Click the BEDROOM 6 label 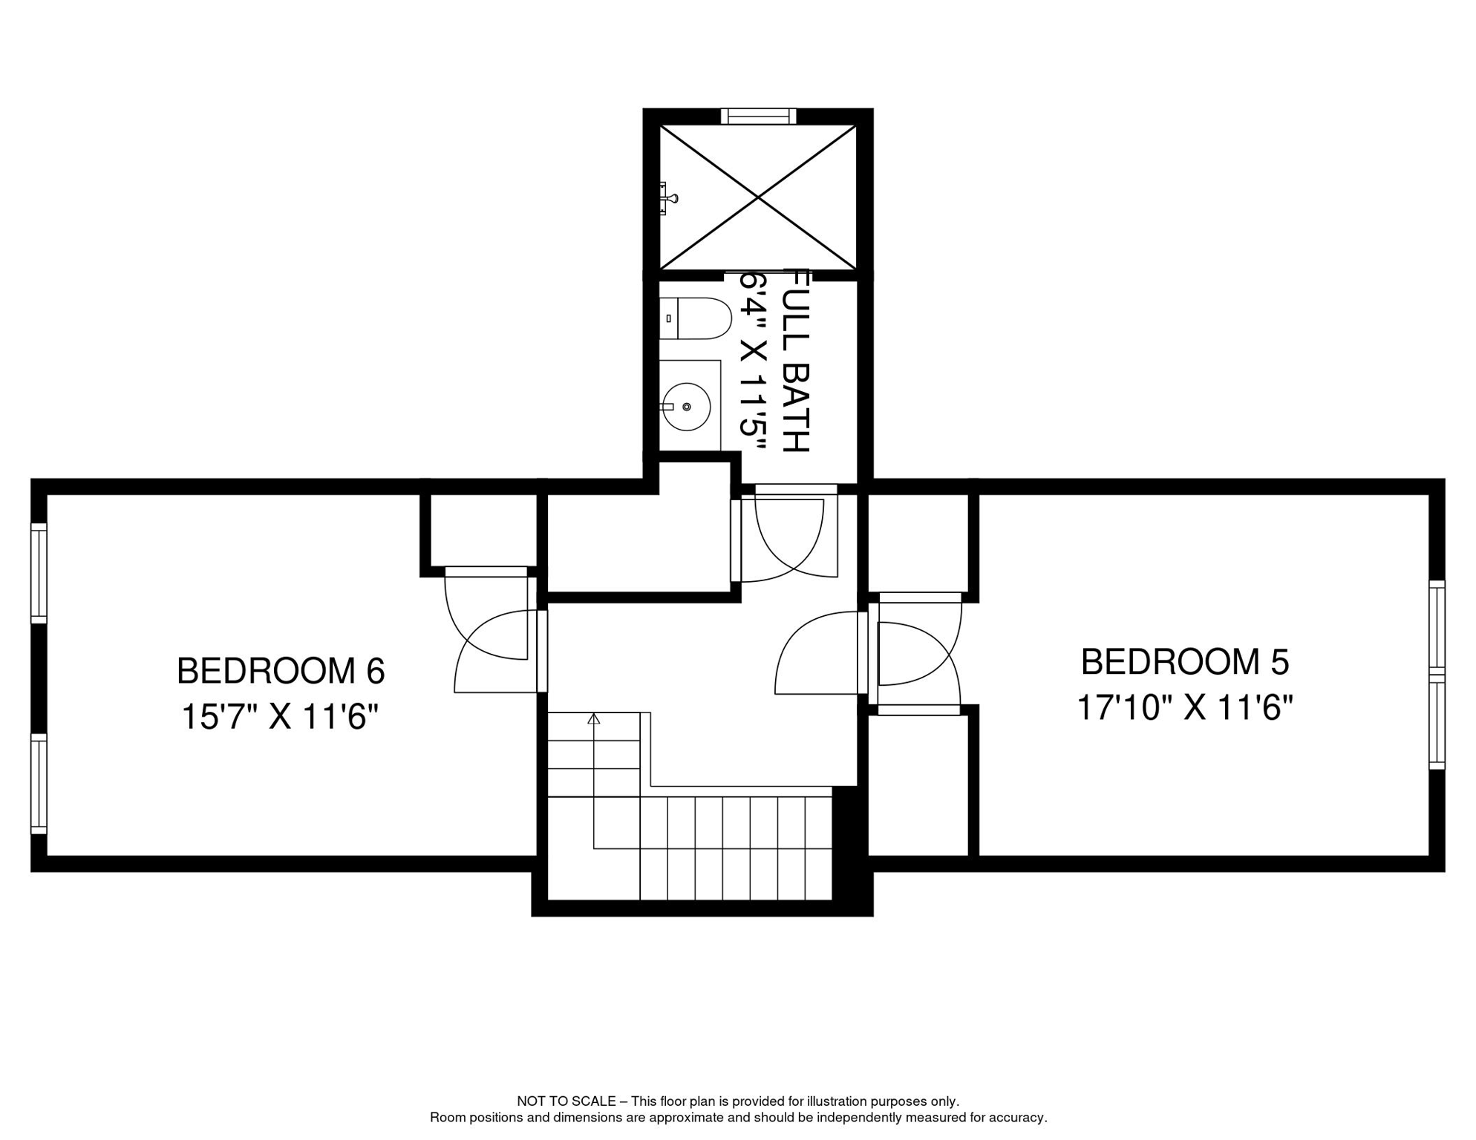coord(281,671)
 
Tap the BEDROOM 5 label coord(1185,662)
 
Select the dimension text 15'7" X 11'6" coord(281,717)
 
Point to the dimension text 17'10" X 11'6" coord(1185,707)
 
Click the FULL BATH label coord(797,361)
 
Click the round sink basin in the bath coord(686,407)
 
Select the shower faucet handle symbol coord(668,198)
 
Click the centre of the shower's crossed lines coord(758,197)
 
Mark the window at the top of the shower coord(758,116)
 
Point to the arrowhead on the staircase coord(593,718)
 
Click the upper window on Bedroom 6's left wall coord(39,573)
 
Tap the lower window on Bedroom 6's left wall coord(39,784)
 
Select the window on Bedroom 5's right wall coord(1437,675)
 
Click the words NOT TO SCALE coord(566,1101)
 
